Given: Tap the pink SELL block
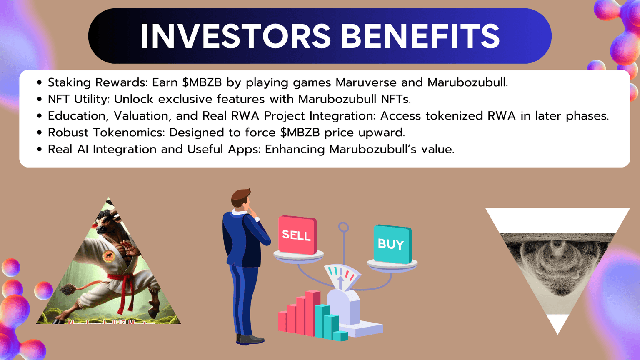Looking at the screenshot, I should click(297, 235).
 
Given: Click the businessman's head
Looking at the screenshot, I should click(241, 198).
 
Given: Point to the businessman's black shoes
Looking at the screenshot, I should click(250, 340).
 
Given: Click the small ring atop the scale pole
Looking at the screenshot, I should click(343, 227).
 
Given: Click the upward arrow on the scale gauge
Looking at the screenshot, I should click(340, 282).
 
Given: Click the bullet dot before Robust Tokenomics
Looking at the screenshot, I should click(40, 133).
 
